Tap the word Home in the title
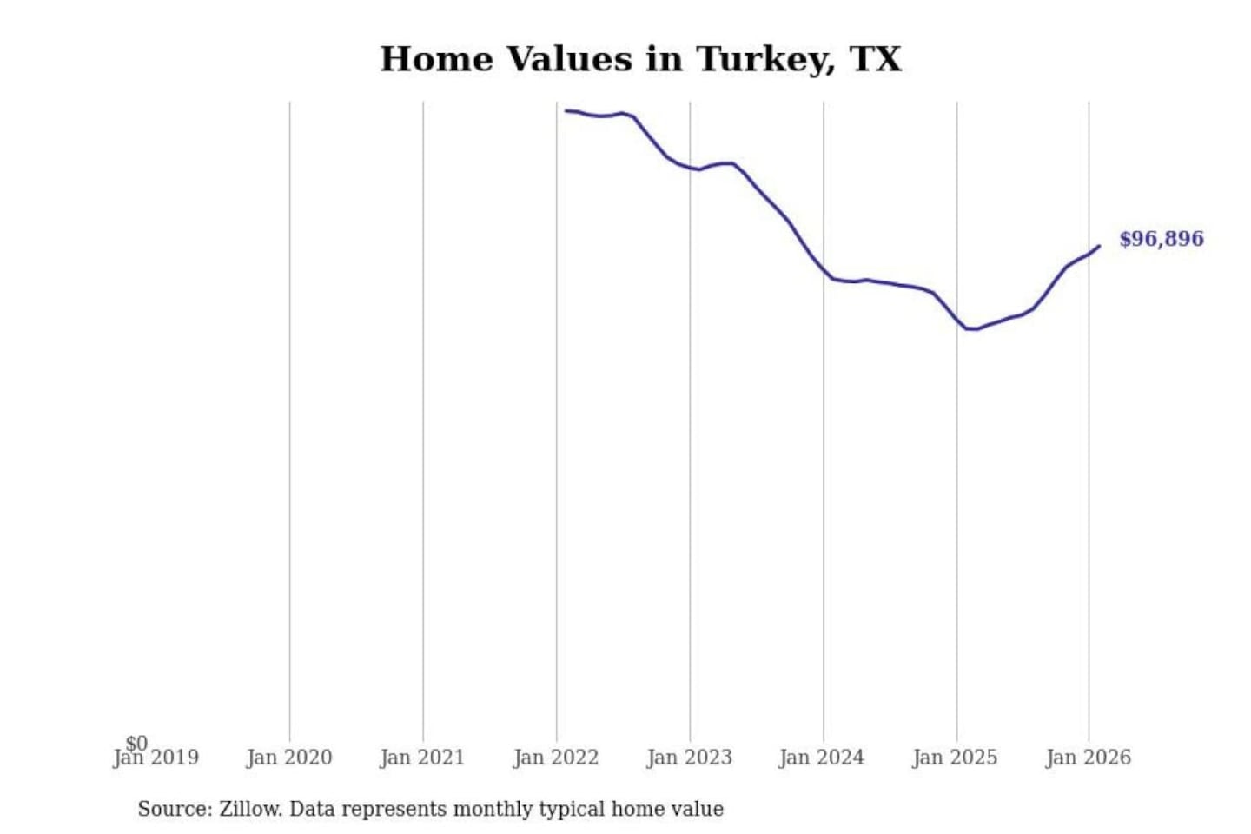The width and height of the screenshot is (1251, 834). click(436, 60)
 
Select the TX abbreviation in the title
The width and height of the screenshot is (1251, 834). click(875, 60)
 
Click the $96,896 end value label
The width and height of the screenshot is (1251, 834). click(1161, 239)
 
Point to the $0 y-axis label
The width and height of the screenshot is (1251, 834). click(136, 743)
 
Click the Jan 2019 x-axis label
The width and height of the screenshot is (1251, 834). click(156, 758)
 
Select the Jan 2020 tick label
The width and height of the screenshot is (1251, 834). click(289, 758)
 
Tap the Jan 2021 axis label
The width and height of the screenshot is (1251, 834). click(422, 758)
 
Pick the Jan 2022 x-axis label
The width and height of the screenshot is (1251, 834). click(556, 758)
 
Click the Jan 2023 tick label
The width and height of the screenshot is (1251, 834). click(690, 758)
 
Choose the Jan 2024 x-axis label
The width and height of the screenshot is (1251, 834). click(822, 758)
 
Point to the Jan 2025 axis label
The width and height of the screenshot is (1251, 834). click(956, 758)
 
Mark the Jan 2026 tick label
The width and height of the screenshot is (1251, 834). click(1089, 758)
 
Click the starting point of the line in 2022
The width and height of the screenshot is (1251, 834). click(566, 110)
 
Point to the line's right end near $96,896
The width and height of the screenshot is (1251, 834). click(1099, 247)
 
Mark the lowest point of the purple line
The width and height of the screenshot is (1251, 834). click(971, 329)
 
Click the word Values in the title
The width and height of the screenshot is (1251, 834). click(569, 60)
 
